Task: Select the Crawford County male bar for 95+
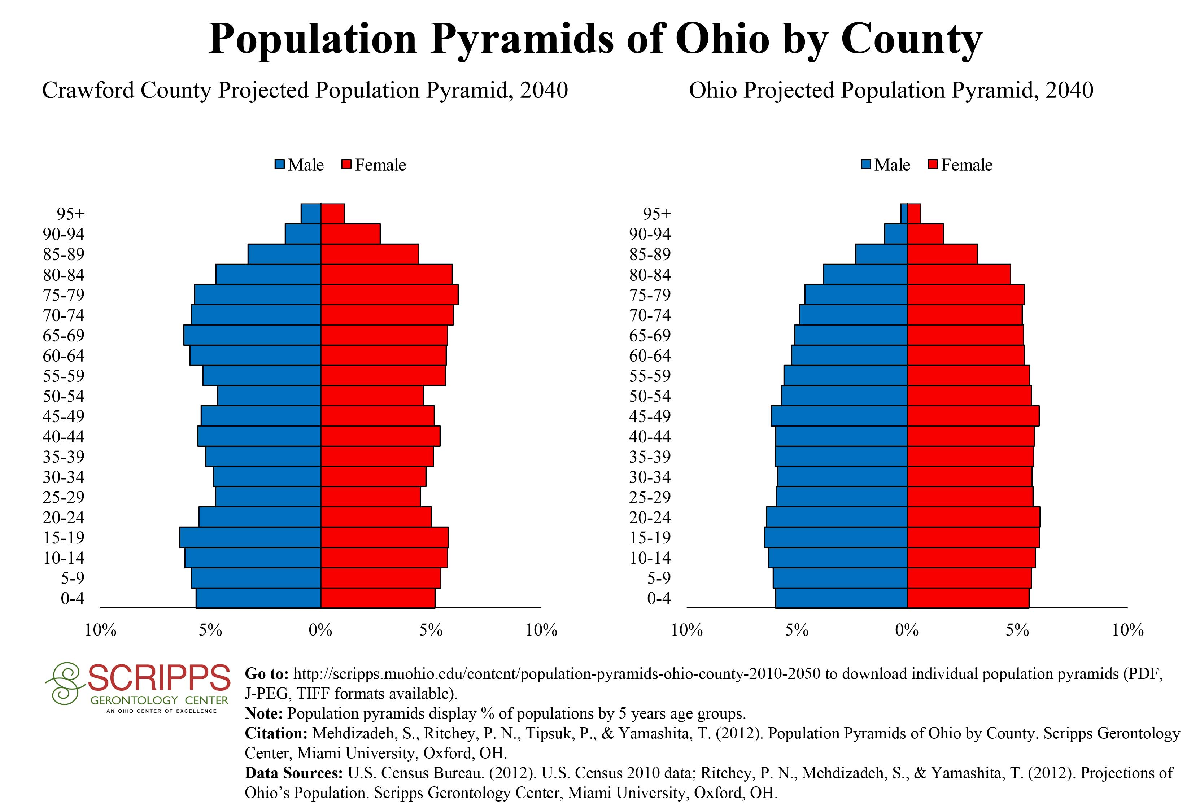click(310, 214)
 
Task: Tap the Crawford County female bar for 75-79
click(389, 294)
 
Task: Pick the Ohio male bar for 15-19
click(836, 537)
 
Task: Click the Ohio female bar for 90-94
click(925, 233)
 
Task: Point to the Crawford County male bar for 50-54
click(269, 396)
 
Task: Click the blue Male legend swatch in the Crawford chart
click(279, 165)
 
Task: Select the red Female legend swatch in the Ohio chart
click(933, 165)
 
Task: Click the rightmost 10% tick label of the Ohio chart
click(1127, 630)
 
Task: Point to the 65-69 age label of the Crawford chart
click(64, 336)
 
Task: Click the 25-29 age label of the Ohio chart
click(650, 497)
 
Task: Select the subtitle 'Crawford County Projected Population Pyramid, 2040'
click(305, 91)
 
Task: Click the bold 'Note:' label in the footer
click(263, 713)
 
